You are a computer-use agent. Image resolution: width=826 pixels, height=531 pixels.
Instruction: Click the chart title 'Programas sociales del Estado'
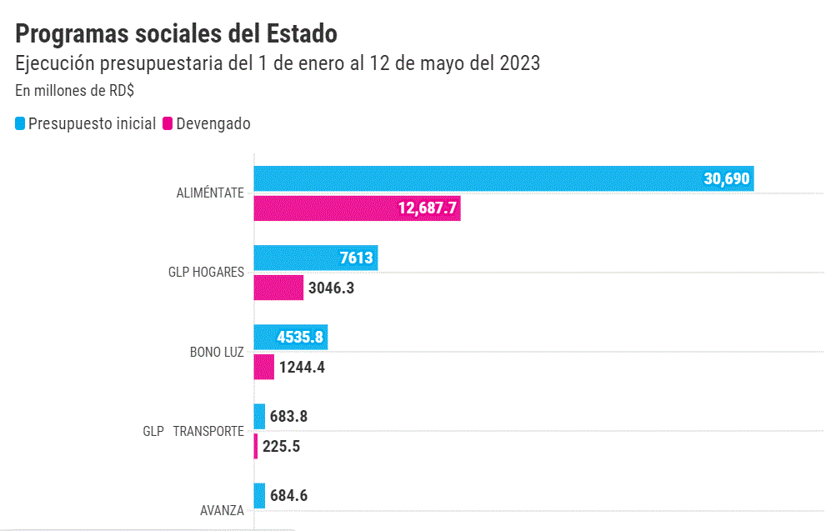(x=176, y=33)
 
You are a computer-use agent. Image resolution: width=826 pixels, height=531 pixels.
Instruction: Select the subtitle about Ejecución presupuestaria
(x=278, y=63)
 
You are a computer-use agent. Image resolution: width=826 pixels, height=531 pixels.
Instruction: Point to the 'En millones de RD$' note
(x=75, y=91)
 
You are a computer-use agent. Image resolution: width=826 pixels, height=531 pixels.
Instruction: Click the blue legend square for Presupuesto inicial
(x=21, y=124)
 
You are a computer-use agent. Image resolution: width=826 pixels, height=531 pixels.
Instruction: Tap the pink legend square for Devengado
(x=168, y=124)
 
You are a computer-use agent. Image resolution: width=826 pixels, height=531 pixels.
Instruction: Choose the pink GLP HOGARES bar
(x=278, y=288)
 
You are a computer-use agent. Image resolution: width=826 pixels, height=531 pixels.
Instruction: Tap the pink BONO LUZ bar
(x=263, y=367)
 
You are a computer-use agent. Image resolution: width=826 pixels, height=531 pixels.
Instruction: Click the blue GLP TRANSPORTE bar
(x=259, y=417)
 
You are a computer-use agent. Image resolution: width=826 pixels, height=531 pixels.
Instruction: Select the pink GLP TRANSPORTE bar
(x=256, y=446)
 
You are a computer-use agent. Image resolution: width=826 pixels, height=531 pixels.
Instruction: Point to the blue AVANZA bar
(x=259, y=496)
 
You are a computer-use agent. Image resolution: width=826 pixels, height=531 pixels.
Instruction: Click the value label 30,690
(x=727, y=178)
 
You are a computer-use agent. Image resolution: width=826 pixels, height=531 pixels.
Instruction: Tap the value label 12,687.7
(x=428, y=208)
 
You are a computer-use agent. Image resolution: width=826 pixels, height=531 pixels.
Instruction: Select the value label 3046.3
(x=333, y=288)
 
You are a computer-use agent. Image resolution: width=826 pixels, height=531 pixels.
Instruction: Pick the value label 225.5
(x=281, y=446)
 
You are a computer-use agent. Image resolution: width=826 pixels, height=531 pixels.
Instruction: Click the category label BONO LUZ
(x=217, y=352)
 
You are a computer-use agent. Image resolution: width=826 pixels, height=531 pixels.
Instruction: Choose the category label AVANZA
(x=222, y=510)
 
